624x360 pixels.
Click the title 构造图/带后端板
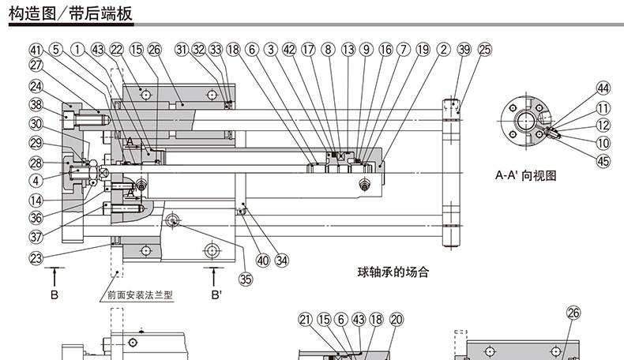(70, 13)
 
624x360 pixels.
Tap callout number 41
(36, 49)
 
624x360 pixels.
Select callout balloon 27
(36, 66)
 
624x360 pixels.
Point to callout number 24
(36, 86)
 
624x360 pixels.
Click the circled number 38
(36, 105)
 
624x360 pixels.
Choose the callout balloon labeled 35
(246, 278)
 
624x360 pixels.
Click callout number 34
(282, 258)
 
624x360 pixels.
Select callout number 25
(485, 49)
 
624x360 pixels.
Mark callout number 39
(464, 49)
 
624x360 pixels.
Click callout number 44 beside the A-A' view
(603, 88)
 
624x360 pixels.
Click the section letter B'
(216, 296)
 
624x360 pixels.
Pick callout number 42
(289, 49)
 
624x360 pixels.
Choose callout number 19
(423, 49)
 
